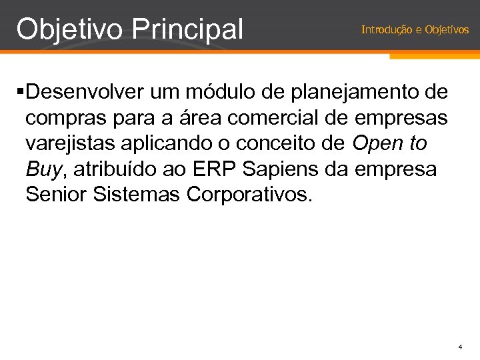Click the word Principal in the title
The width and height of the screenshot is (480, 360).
click(x=188, y=29)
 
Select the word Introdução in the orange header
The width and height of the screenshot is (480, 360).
click(x=382, y=30)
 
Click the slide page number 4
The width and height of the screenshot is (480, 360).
click(x=460, y=347)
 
